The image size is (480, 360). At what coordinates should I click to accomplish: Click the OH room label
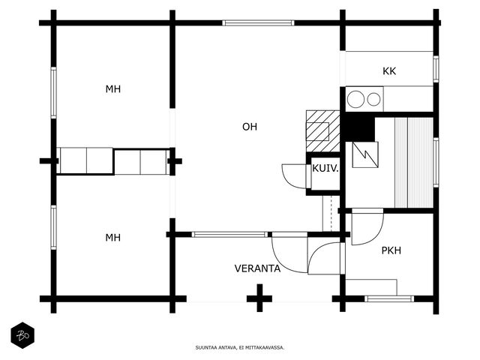[250, 127]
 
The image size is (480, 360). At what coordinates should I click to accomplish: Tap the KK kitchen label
[388, 71]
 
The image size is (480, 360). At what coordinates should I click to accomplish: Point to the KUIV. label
[325, 169]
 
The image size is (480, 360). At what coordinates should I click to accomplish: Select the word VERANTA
[257, 268]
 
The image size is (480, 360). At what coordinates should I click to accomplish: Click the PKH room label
[391, 250]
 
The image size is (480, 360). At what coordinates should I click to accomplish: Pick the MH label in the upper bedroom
[113, 89]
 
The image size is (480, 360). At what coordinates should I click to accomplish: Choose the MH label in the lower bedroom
[113, 238]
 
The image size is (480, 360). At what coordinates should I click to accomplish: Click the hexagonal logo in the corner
[22, 335]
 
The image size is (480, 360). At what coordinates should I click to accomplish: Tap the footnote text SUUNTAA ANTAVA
[239, 347]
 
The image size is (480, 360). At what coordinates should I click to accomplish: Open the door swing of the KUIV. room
[292, 175]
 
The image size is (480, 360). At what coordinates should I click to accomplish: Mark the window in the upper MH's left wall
[53, 92]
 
